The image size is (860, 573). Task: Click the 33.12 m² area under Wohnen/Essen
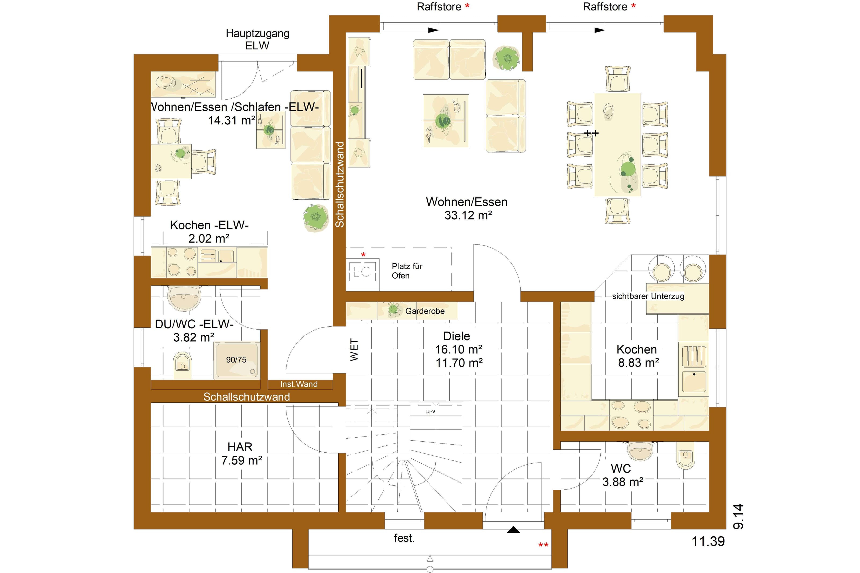(468, 215)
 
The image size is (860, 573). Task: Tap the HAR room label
(240, 446)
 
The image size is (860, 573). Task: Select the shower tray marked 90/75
(237, 360)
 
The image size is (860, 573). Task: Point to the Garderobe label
(425, 311)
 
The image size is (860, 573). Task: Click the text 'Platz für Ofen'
(407, 271)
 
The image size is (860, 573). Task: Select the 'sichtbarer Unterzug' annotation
(648, 296)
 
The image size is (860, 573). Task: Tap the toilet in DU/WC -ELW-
(182, 365)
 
